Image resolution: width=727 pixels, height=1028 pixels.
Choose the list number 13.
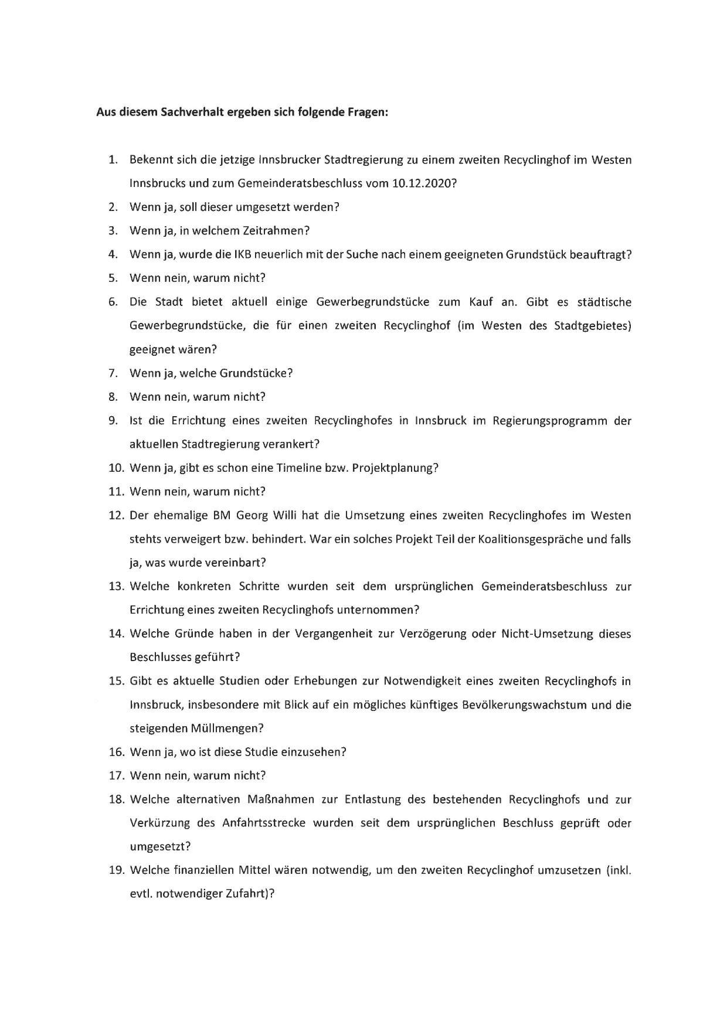click(117, 587)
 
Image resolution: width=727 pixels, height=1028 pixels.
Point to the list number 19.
click(117, 870)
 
